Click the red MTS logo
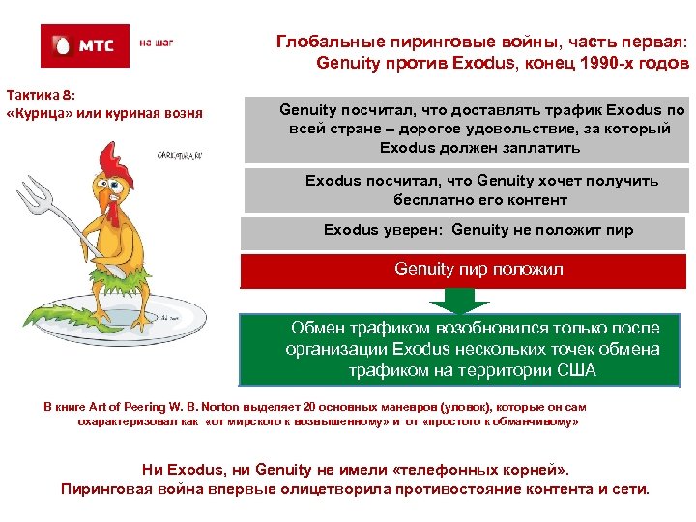point(84,45)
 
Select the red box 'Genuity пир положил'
point(465,270)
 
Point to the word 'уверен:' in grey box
point(416,230)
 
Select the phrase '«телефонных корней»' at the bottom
point(480,470)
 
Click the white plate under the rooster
point(184,333)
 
